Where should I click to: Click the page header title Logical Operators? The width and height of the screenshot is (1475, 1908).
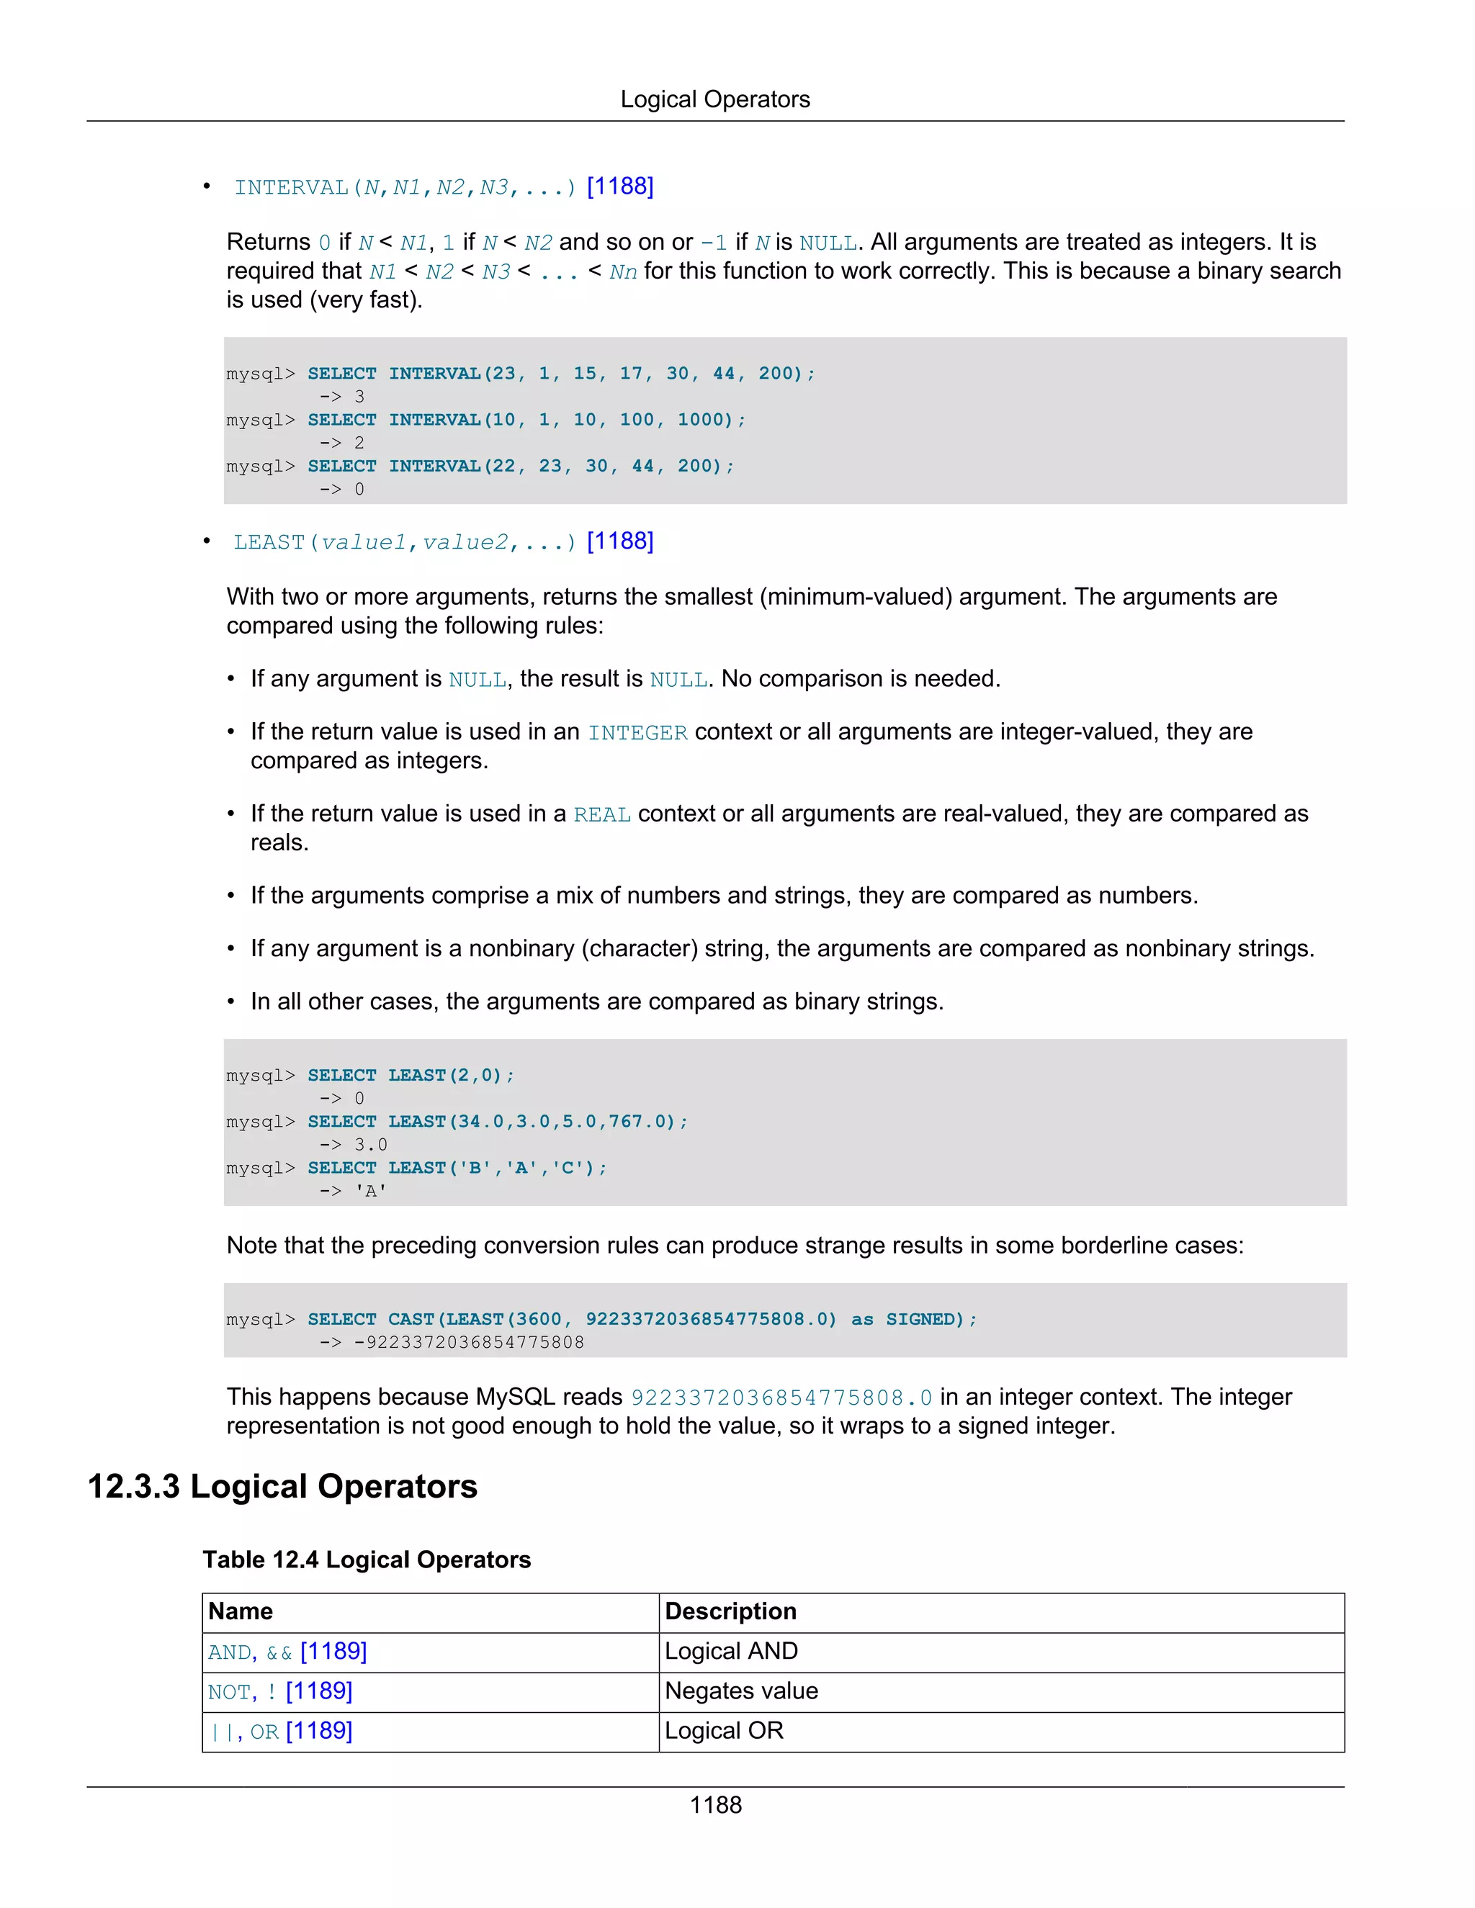coord(714,99)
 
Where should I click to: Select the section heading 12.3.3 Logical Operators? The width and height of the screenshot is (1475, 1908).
coord(282,1486)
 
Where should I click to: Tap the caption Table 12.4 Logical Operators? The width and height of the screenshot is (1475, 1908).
coord(366,1560)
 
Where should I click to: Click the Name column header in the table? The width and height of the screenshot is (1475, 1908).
coord(241,1611)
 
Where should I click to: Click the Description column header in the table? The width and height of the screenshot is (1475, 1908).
coord(730,1611)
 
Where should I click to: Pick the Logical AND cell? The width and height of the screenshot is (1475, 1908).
coord(730,1651)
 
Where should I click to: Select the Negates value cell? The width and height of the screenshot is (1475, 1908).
coord(741,1691)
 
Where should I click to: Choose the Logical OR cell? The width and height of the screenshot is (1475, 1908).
coord(724,1731)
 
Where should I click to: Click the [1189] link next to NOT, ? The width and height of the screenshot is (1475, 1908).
coord(319,1691)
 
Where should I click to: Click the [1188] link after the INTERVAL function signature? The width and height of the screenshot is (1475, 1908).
coord(619,186)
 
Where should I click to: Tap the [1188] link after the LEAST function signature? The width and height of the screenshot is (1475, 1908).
coord(619,541)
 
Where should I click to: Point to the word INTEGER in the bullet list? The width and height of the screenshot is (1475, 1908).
coord(637,732)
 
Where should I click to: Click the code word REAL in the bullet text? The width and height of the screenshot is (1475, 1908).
coord(601,814)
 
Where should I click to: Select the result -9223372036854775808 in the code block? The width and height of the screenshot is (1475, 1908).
coord(468,1342)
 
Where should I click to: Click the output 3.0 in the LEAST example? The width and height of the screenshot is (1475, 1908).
coord(370,1145)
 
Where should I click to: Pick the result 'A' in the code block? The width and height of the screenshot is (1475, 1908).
coord(370,1191)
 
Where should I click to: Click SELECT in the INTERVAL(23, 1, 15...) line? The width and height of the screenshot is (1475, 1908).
coord(341,374)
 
